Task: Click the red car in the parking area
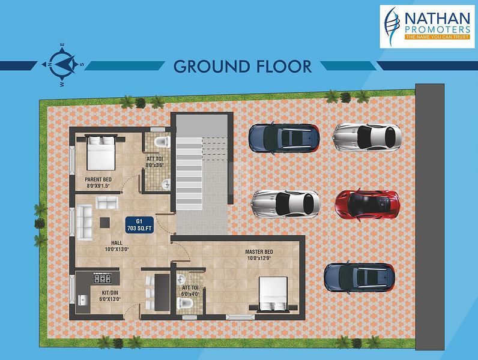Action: (x=368, y=203)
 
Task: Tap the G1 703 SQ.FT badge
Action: (x=139, y=225)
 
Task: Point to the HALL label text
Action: (x=116, y=243)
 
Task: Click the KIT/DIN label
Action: (x=110, y=293)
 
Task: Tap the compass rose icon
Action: (x=62, y=65)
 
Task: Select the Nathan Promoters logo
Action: (x=427, y=26)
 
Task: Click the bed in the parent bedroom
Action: (x=101, y=153)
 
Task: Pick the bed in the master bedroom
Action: (x=273, y=293)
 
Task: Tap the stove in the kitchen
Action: (x=103, y=278)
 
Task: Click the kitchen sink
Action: (x=82, y=300)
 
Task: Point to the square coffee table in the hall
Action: (x=105, y=223)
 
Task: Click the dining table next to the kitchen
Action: (x=162, y=292)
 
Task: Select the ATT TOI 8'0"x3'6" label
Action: (x=155, y=162)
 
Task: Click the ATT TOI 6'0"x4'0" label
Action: (x=190, y=291)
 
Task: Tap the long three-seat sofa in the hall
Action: (x=84, y=223)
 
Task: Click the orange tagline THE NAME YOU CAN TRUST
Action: (x=437, y=37)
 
